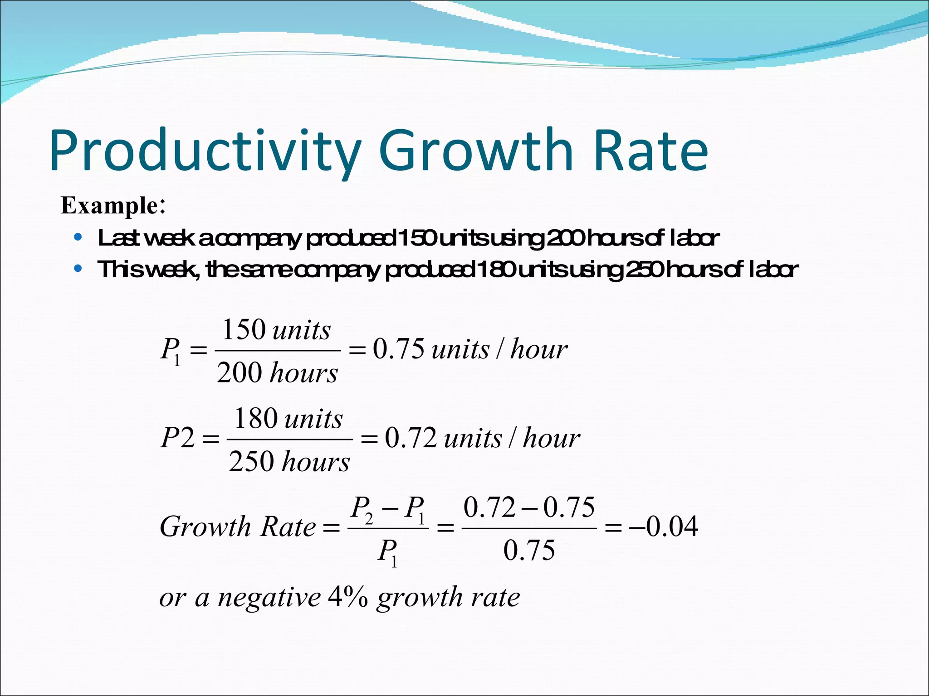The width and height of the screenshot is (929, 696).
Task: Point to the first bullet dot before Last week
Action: coord(78,237)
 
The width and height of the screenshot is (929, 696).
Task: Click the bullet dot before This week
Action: coord(78,269)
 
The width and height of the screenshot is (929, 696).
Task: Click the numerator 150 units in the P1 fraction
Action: coord(276,329)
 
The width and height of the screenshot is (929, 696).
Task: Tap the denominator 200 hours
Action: coord(277,373)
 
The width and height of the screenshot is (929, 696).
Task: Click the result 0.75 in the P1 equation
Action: coord(399,349)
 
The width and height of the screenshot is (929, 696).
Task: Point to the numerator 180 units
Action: coord(288,418)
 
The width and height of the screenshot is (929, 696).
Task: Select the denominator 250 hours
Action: coord(289,462)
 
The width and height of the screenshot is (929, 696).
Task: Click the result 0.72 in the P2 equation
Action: coord(411,438)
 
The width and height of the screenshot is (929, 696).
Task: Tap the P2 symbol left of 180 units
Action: coord(178,438)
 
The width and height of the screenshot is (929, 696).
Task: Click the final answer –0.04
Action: coord(663,527)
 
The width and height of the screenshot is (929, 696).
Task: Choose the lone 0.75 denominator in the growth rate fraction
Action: coord(529,551)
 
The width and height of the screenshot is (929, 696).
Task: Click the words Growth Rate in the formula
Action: coord(238,527)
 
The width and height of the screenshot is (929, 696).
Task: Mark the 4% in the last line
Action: coord(348,597)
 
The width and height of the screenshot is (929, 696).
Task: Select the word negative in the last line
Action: coord(269,597)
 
